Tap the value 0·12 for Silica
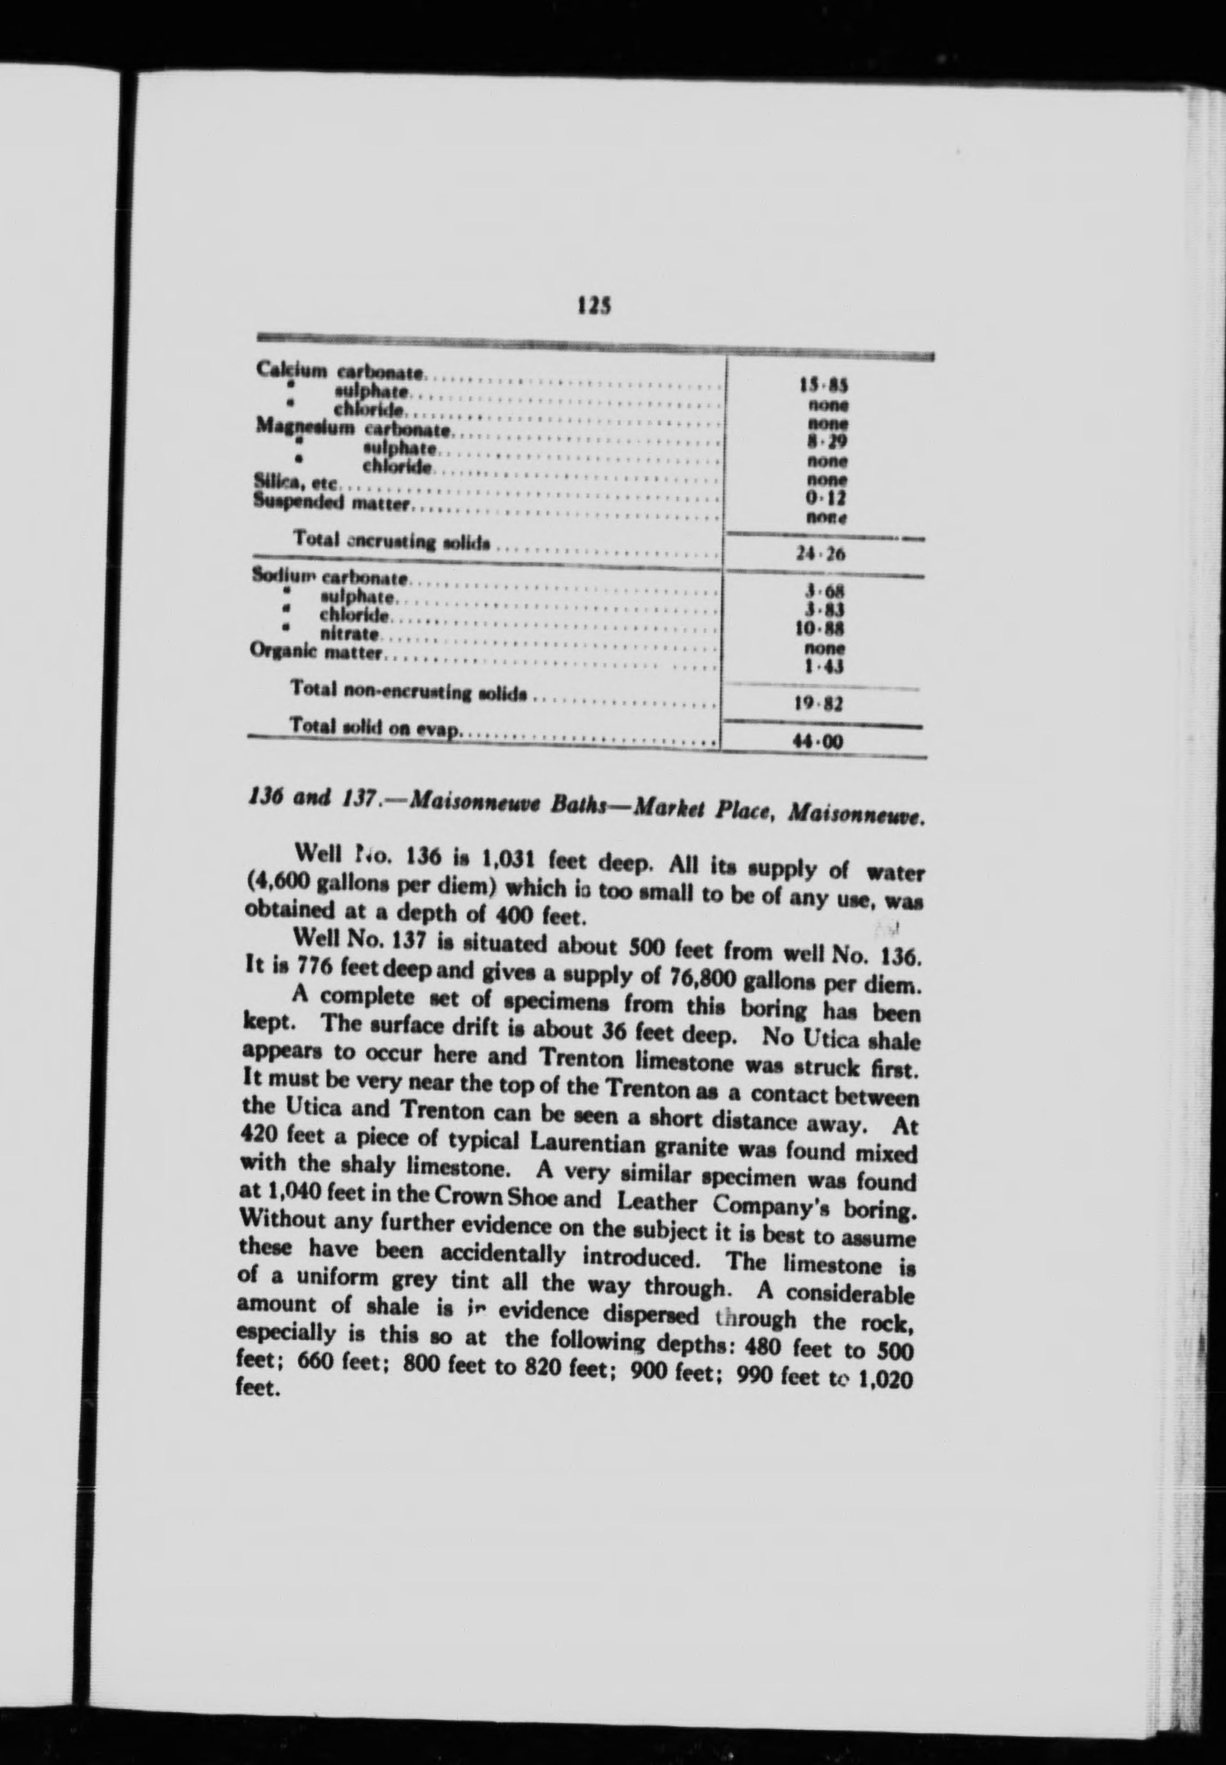click(826, 499)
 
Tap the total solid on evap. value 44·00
click(822, 743)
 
